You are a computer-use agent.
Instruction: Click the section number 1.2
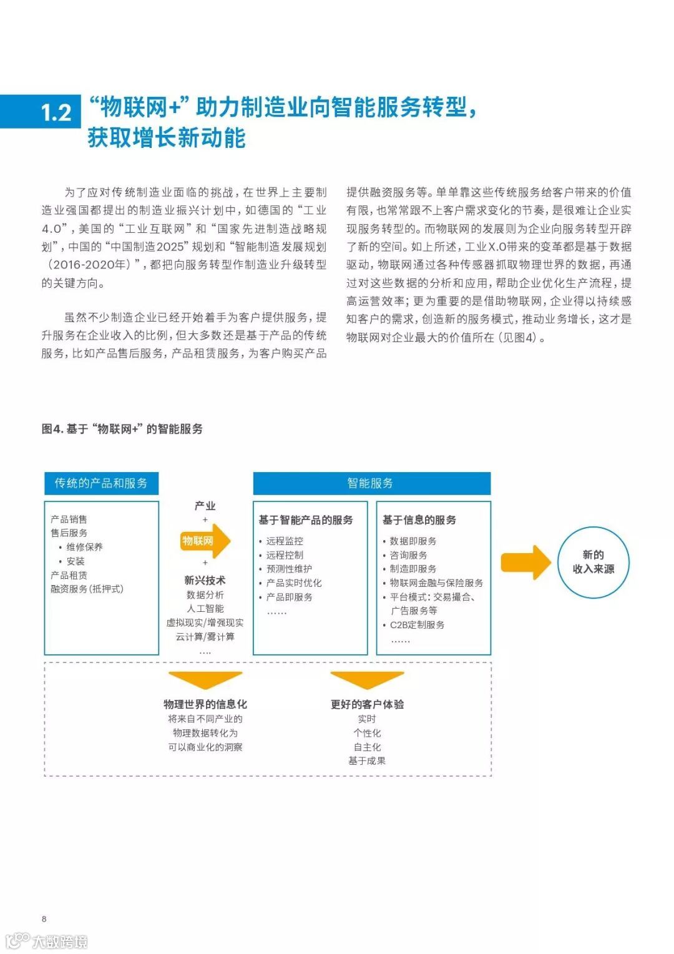pos(56,112)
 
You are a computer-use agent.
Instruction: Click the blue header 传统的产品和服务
pos(101,483)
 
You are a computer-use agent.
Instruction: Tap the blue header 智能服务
pos(371,483)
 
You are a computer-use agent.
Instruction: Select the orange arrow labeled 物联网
pos(205,541)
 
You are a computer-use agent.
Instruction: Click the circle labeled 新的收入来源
pos(593,562)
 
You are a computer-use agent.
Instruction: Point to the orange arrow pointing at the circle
pos(525,562)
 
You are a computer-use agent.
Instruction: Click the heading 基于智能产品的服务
pos(306,520)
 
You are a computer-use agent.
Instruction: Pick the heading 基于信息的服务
pos(419,520)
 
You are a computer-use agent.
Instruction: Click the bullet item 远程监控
pos(285,541)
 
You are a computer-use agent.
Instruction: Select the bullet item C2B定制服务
pos(417,625)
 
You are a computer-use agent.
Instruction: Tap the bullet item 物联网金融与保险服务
pos(436,583)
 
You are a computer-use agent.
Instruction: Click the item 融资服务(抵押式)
pos(87,589)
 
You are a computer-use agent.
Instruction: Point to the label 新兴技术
pos(205,581)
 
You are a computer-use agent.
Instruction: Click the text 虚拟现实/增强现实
pos(205,622)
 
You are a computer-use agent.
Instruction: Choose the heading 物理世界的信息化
pos(205,704)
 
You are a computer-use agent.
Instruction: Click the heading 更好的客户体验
pos(367,704)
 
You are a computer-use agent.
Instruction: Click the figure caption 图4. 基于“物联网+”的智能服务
pos(122,429)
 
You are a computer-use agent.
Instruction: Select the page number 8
pos(44,918)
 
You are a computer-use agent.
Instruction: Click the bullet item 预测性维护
pos(289,569)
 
